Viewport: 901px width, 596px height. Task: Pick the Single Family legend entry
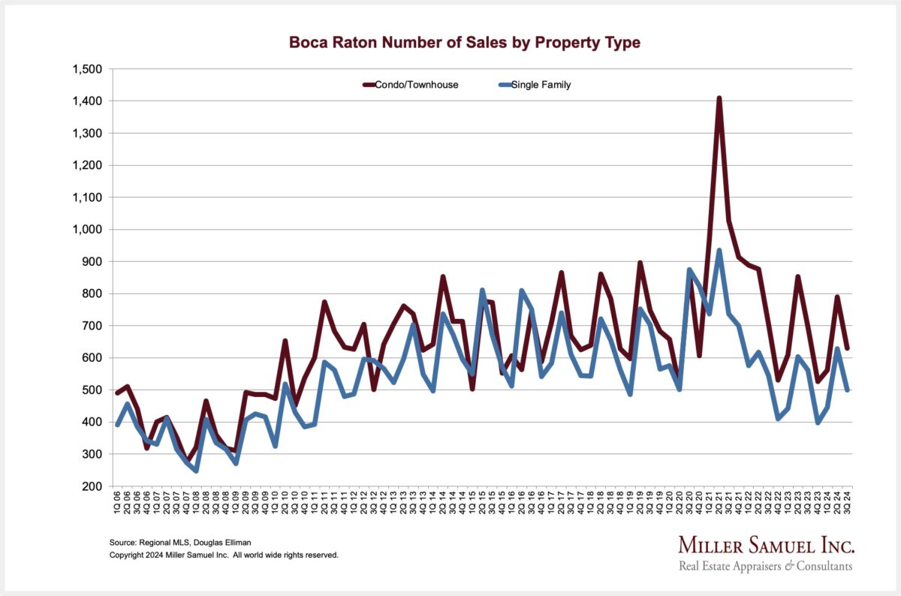click(541, 85)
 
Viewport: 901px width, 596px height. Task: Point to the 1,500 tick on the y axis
click(88, 69)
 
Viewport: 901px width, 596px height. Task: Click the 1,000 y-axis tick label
click(88, 230)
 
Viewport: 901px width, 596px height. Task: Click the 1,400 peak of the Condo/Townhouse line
click(719, 98)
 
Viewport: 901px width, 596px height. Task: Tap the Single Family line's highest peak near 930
click(719, 251)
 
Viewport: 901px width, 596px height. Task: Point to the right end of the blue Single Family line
click(848, 390)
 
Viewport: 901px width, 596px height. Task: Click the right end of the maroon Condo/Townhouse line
click(848, 348)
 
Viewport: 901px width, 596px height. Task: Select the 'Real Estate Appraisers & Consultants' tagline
click(766, 566)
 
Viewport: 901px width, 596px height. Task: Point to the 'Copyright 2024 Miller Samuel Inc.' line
click(224, 555)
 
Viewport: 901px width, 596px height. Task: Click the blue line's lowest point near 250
click(196, 471)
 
